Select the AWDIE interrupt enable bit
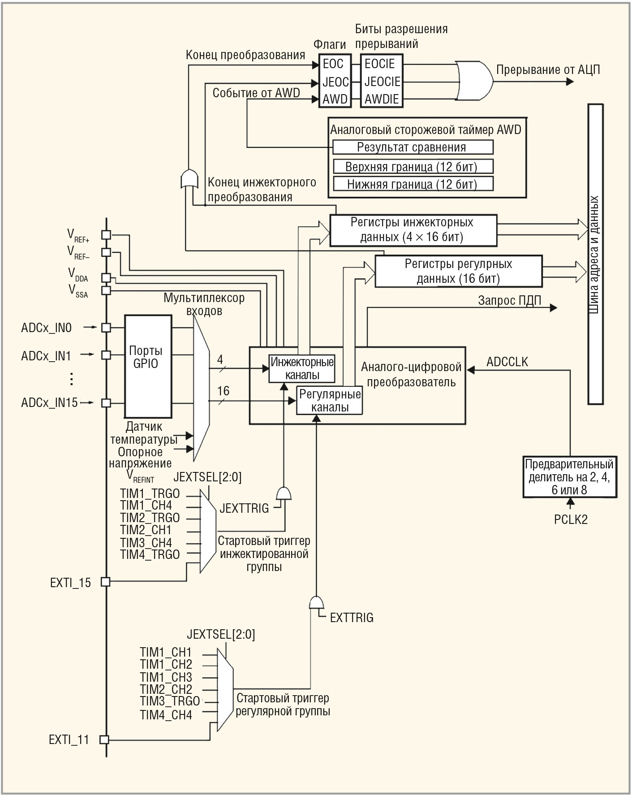click(x=382, y=99)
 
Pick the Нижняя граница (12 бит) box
click(x=413, y=184)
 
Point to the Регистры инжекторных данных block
click(x=413, y=230)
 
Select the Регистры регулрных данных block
click(x=458, y=271)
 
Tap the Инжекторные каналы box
click(x=302, y=368)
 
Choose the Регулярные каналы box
click(x=330, y=401)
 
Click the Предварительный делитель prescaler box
click(x=569, y=477)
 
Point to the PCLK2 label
click(x=571, y=519)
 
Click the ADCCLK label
click(x=507, y=362)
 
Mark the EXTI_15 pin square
click(x=105, y=582)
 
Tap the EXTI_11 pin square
click(x=104, y=740)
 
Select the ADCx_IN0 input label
click(x=46, y=328)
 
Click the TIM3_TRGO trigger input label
click(x=169, y=701)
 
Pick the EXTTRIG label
click(x=352, y=618)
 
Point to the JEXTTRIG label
click(x=244, y=508)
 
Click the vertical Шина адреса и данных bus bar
click(x=595, y=254)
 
